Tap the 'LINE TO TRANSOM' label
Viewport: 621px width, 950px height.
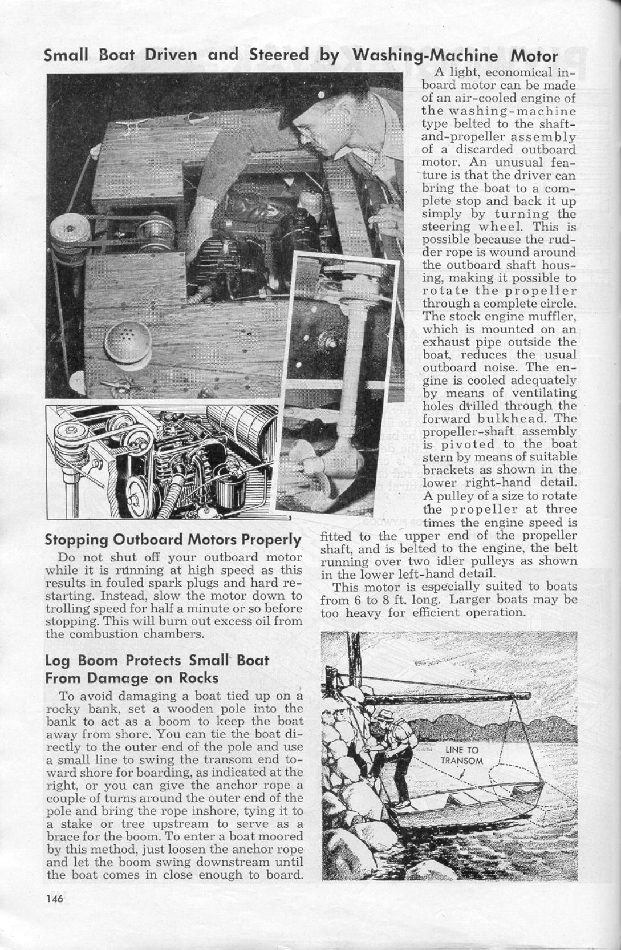tap(461, 755)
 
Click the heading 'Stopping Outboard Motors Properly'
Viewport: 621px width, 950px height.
tap(173, 539)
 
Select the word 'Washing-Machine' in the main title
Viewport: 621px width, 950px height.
tap(425, 55)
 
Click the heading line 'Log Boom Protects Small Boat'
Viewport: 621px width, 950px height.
tap(157, 660)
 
